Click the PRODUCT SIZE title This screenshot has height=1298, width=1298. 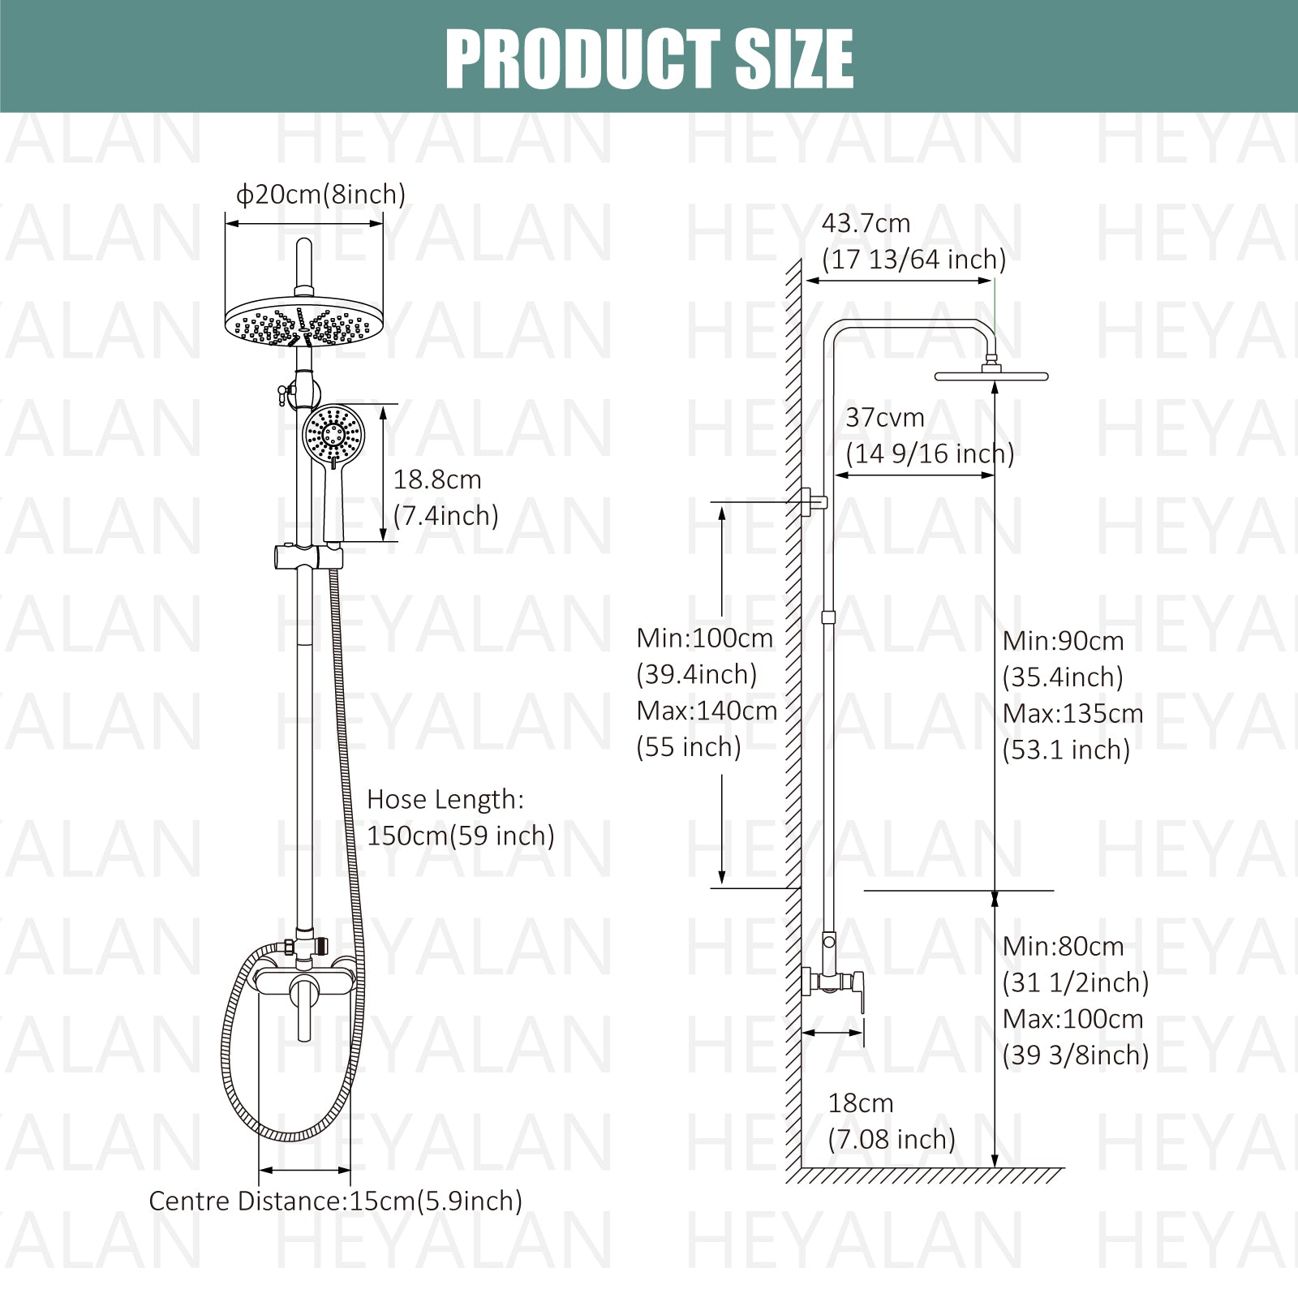[x=649, y=58]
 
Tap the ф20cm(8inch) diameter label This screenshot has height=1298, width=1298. [x=320, y=195]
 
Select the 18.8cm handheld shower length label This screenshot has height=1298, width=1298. [x=437, y=479]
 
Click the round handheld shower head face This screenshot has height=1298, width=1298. [x=333, y=434]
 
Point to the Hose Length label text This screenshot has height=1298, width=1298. [x=445, y=800]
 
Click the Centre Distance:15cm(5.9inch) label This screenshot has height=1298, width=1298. [x=336, y=1201]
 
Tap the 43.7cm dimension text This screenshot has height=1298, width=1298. [x=866, y=223]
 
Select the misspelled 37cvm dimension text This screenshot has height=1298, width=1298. [x=885, y=418]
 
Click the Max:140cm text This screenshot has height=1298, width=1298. [x=707, y=711]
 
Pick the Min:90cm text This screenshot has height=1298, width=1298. [x=1063, y=641]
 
